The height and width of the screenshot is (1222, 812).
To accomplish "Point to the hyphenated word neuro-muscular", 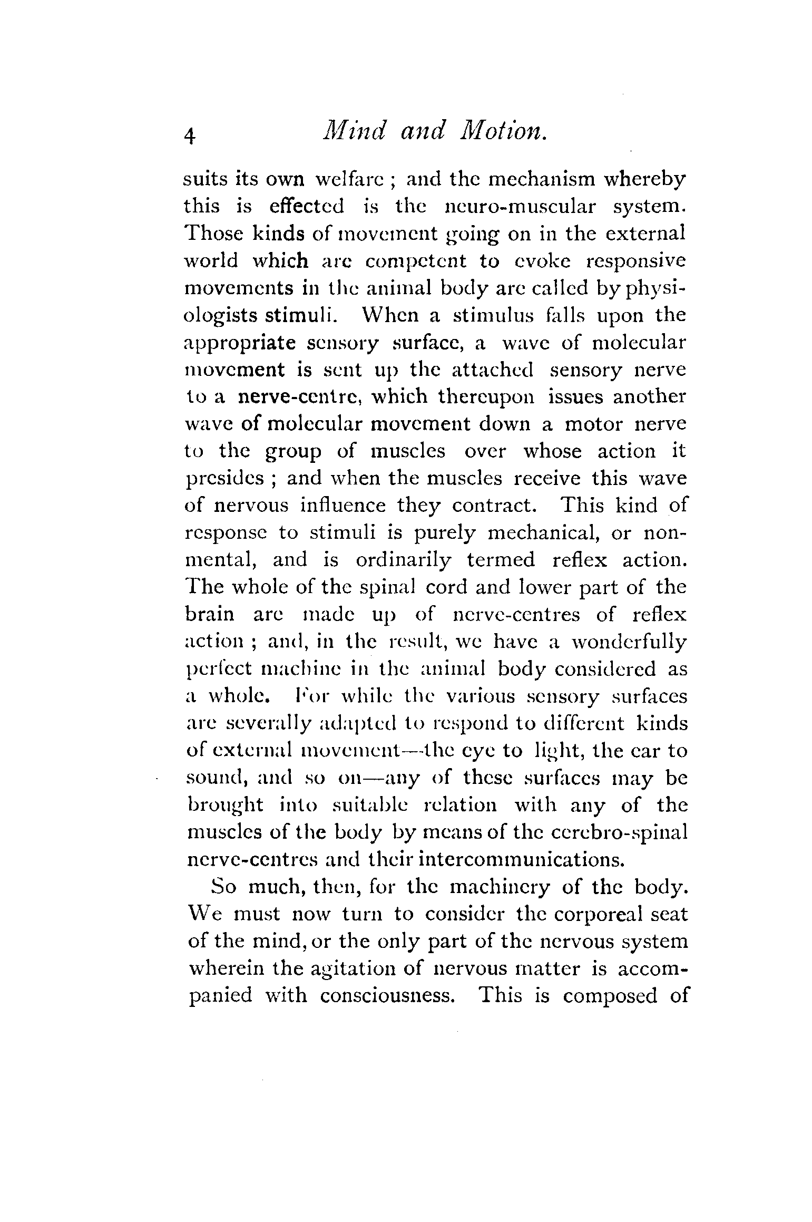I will pos(521,206).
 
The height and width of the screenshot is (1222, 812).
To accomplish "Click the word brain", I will pos(210,615).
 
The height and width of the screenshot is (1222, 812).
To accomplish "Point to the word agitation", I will pos(333,969).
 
